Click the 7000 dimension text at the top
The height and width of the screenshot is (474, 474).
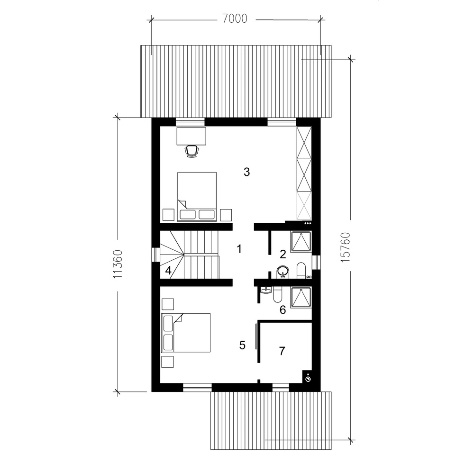tap(235, 19)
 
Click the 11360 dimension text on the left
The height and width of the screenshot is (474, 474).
tap(118, 264)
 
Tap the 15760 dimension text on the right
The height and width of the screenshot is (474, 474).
tap(345, 247)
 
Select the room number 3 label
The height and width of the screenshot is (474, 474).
tap(246, 172)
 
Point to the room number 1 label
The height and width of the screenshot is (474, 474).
tap(239, 249)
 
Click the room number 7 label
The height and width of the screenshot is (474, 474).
tap(282, 351)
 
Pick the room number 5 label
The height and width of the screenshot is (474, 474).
tap(242, 345)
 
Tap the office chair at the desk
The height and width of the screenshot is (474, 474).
tap(192, 151)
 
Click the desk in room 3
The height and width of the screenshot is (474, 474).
tap(191, 136)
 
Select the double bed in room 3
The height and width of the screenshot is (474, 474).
tap(197, 197)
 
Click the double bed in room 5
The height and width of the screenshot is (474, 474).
tap(186, 333)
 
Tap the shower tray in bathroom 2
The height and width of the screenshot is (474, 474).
tap(301, 242)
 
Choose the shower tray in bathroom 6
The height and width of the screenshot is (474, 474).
tap(301, 298)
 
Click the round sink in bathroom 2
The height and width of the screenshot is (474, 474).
tap(283, 271)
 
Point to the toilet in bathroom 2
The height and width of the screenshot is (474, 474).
tap(301, 270)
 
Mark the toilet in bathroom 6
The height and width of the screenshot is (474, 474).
tap(277, 295)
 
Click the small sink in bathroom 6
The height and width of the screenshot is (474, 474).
tap(266, 291)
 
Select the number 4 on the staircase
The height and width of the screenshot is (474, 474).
tap(168, 270)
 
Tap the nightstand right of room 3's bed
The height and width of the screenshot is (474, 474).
tap(226, 215)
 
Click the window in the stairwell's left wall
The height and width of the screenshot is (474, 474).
tap(155, 254)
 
